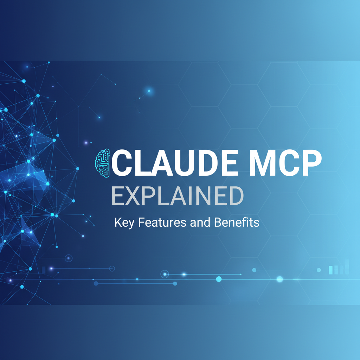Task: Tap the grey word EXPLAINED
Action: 178,196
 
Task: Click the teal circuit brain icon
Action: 103,162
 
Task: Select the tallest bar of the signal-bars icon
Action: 347,266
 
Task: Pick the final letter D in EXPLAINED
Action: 236,196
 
